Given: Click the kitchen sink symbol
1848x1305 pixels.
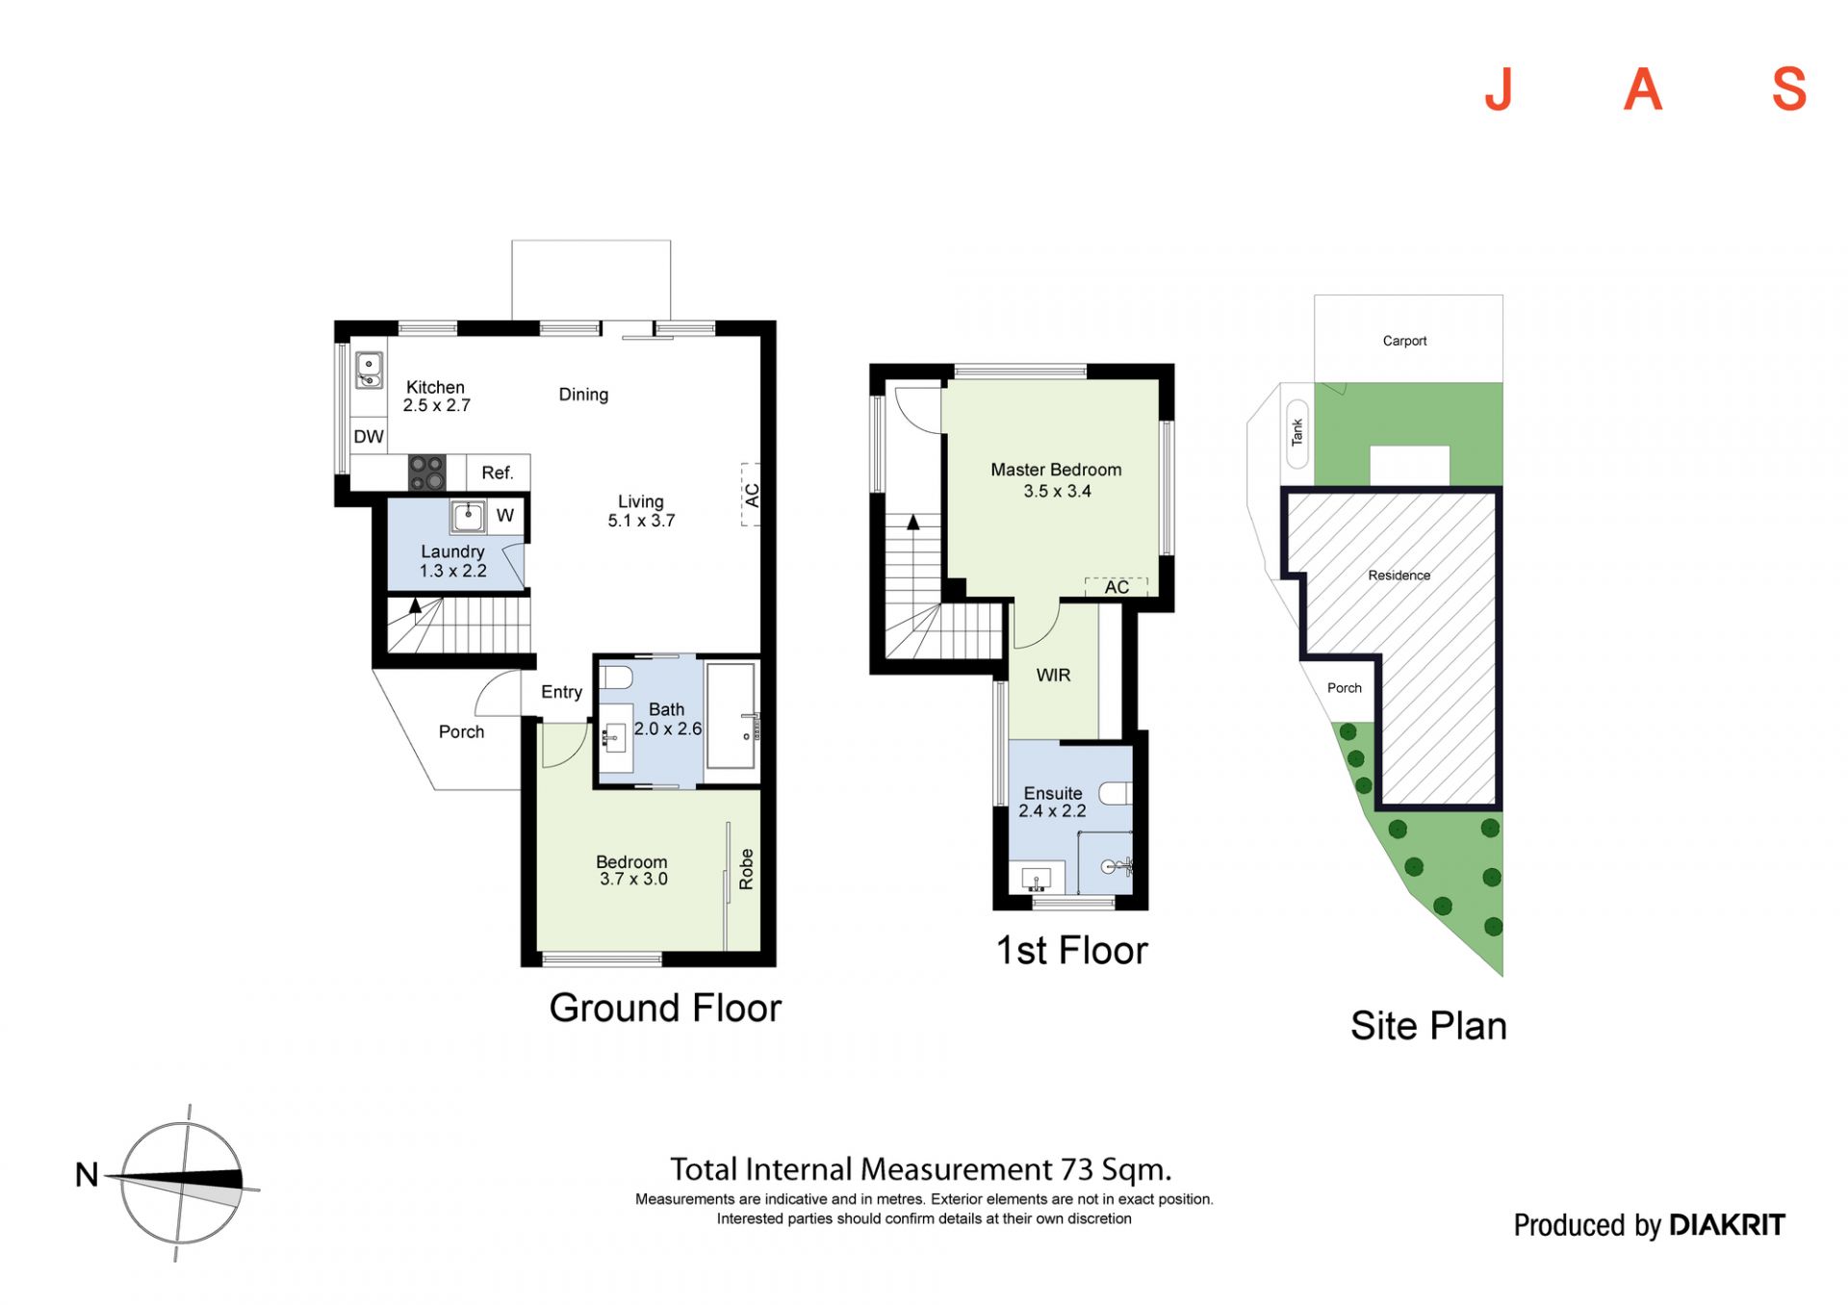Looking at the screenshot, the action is click(x=369, y=371).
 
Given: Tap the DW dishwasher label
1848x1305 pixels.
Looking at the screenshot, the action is click(x=369, y=436).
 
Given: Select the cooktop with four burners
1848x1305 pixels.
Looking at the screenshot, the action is click(x=427, y=473).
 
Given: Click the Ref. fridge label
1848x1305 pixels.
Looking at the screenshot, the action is click(x=498, y=473).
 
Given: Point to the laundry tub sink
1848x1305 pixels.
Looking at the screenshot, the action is click(x=469, y=517).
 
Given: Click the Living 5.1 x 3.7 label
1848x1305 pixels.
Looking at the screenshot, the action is click(x=641, y=511).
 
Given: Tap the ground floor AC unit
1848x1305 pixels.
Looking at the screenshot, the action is click(x=751, y=495).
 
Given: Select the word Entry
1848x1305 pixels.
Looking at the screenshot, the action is click(x=561, y=692).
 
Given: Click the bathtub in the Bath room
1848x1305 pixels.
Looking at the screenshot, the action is click(x=733, y=715).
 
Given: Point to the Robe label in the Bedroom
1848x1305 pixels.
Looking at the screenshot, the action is click(x=746, y=869).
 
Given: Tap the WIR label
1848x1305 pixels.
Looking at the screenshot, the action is click(x=1053, y=676).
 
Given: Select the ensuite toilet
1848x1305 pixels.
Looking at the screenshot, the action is click(x=1116, y=794).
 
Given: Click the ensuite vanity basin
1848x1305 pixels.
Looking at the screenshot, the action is click(x=1037, y=880).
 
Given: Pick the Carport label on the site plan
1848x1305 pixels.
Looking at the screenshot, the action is click(x=1404, y=341).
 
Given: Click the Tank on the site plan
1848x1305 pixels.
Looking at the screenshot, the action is click(x=1297, y=433).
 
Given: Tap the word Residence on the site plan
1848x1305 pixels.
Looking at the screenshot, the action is click(x=1399, y=576).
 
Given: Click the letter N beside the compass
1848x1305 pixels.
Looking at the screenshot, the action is click(x=87, y=1175).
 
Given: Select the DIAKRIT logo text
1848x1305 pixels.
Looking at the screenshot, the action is click(x=1727, y=1225).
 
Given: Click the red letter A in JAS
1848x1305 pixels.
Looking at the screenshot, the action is click(x=1643, y=90).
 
